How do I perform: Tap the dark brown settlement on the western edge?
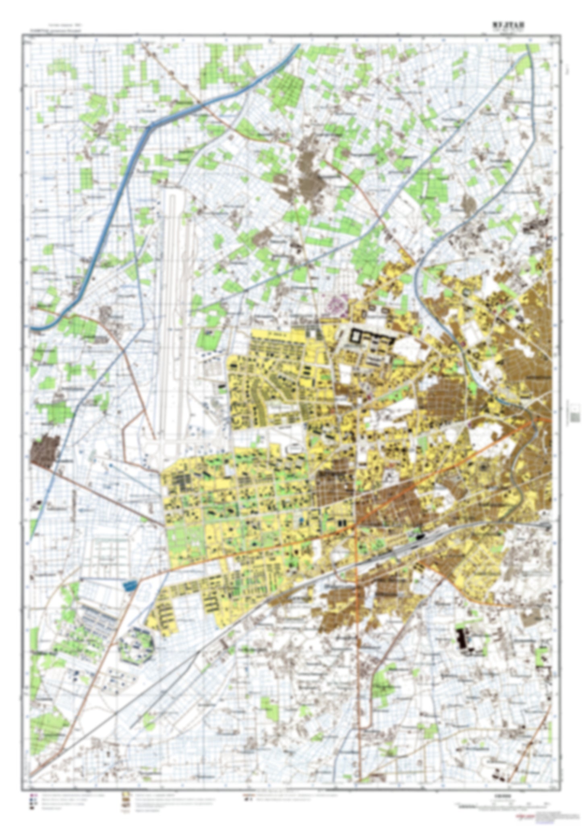point(45,452)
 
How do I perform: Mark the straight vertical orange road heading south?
point(358,645)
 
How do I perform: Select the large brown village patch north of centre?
point(310,173)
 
